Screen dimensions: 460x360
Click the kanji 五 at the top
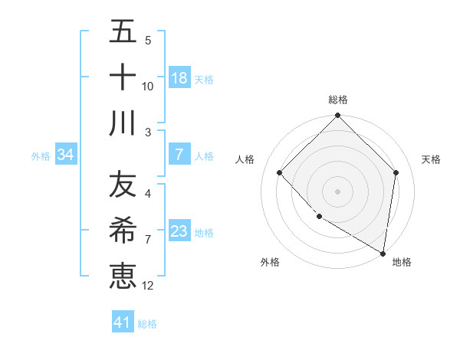click(x=123, y=32)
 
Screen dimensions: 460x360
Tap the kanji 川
click(x=123, y=123)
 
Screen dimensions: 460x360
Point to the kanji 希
click(x=123, y=231)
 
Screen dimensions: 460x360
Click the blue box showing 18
click(x=179, y=78)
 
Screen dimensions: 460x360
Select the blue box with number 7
click(x=179, y=155)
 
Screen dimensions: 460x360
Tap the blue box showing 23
click(x=179, y=231)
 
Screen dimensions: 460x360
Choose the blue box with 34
click(x=66, y=155)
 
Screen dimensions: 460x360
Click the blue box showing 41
click(x=123, y=322)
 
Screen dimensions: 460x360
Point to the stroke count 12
click(x=148, y=286)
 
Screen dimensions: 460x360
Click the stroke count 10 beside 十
click(x=148, y=87)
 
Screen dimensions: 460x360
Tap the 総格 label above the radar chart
click(x=338, y=100)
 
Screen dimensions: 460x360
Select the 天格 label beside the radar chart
click(x=432, y=159)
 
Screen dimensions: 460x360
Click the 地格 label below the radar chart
click(x=402, y=262)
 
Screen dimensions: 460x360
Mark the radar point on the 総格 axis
click(x=337, y=116)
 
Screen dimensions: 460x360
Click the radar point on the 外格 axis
click(x=319, y=217)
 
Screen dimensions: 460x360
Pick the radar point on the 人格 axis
click(x=280, y=172)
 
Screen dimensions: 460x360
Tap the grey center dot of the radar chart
click(x=337, y=191)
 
